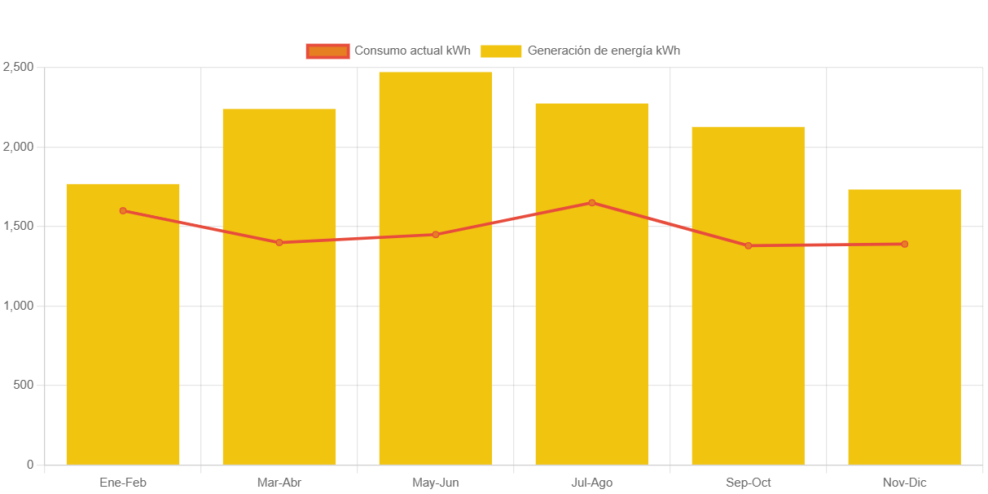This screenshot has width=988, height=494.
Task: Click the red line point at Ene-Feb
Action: click(123, 210)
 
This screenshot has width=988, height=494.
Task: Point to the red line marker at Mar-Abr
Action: click(279, 242)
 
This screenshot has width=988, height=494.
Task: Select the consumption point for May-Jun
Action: click(436, 235)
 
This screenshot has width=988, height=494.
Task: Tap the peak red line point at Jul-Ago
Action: click(592, 203)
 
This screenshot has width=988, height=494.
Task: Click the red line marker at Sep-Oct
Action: click(748, 245)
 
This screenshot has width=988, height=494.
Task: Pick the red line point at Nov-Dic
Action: click(904, 244)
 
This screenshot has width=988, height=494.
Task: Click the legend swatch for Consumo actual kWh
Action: click(327, 51)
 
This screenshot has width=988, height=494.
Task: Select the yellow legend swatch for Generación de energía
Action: click(501, 51)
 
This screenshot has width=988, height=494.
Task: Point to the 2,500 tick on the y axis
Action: click(18, 67)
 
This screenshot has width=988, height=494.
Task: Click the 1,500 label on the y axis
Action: click(18, 226)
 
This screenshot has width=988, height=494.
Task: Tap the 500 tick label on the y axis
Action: click(24, 385)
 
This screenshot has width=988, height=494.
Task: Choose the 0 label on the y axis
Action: click(30, 465)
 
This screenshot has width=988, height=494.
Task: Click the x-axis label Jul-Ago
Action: click(592, 483)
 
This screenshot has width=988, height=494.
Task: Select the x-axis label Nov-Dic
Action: click(904, 483)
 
